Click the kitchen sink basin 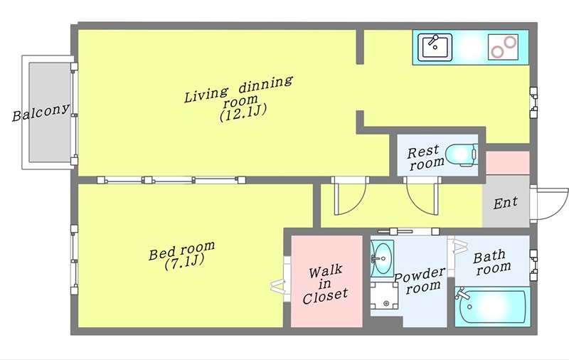click(435, 47)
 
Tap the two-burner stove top click(503, 47)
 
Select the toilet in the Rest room click(461, 155)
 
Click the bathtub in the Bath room click(492, 307)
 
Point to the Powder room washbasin click(382, 258)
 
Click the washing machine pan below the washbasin click(384, 296)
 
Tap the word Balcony click(41, 112)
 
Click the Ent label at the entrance click(506, 203)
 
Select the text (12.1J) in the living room click(243, 113)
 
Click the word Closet click(325, 296)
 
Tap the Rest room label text click(425, 157)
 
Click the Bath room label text click(492, 262)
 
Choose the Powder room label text click(420, 280)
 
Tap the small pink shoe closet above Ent click(508, 163)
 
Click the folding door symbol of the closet click(279, 285)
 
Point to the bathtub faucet click(461, 293)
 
